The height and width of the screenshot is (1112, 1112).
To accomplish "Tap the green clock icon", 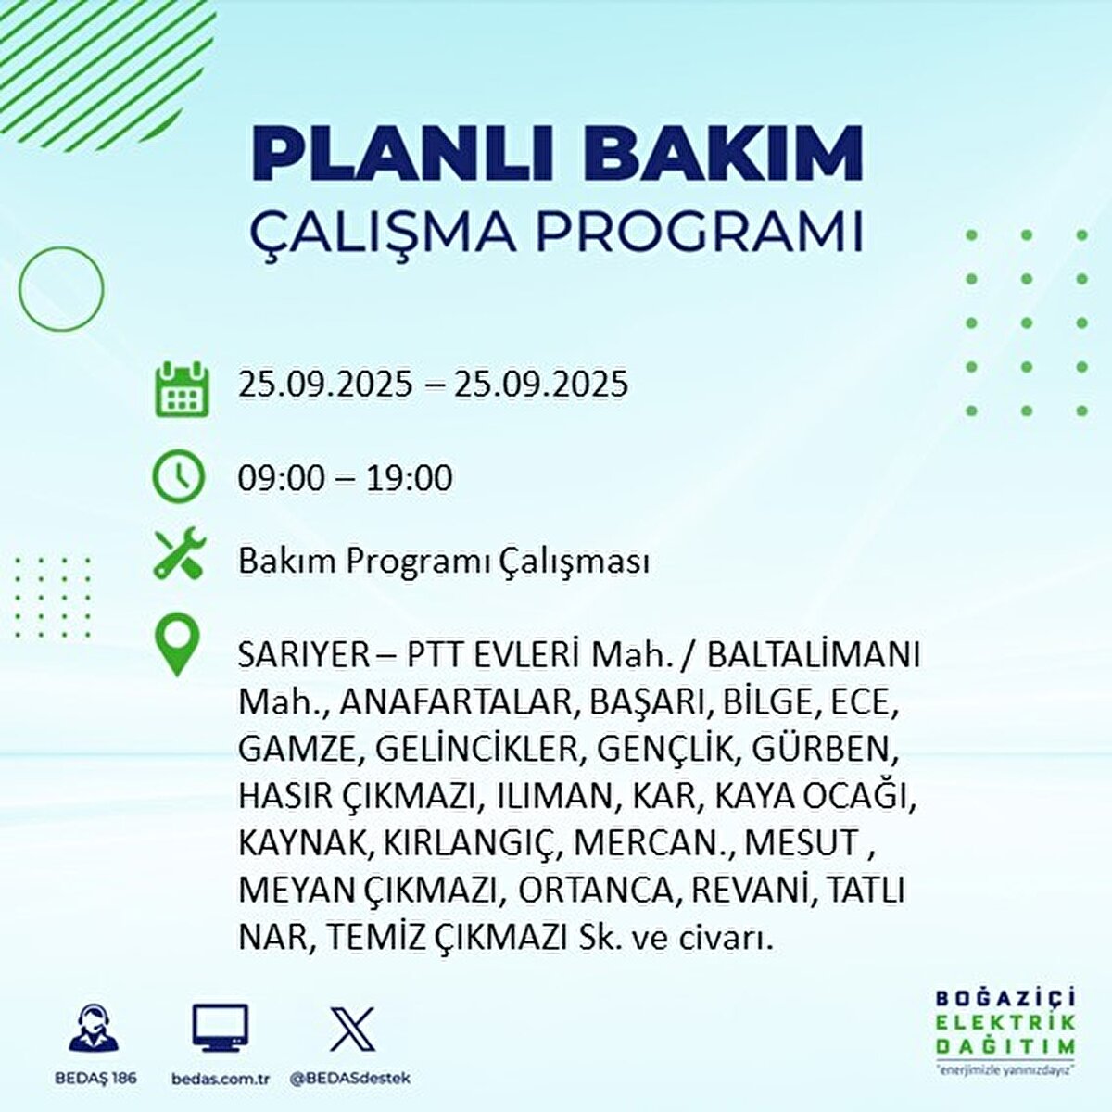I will click(178, 477).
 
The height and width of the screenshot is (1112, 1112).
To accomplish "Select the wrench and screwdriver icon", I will click(179, 554).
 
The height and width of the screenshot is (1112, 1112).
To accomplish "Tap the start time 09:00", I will click(282, 478).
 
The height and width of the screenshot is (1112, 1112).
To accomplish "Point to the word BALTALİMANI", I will click(814, 655).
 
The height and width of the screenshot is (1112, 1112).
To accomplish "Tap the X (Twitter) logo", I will click(353, 1029).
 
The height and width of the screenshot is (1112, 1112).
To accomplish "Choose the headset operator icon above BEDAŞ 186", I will click(95, 1029).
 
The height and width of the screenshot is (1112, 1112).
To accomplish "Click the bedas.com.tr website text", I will click(221, 1079).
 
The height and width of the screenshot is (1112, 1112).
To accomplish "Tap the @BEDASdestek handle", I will click(349, 1079).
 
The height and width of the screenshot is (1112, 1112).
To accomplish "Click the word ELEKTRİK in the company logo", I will click(1005, 1022).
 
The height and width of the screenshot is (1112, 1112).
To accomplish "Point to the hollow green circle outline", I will click(61, 289).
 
